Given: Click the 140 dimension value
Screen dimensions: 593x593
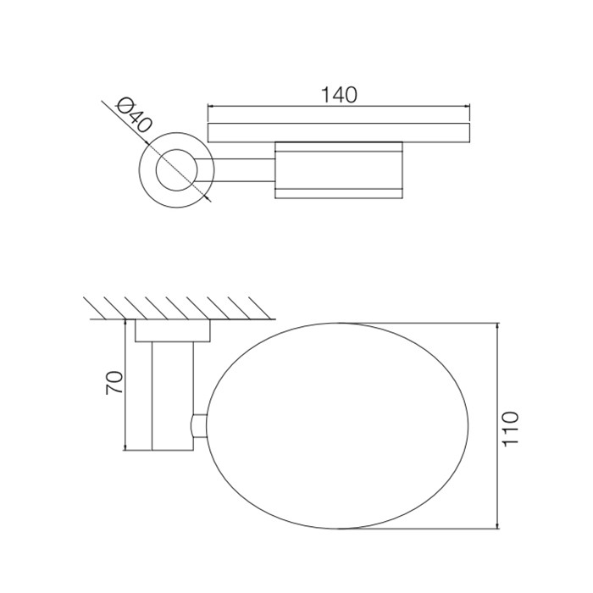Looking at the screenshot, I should [x=339, y=95].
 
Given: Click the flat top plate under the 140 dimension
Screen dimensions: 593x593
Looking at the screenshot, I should [x=339, y=132].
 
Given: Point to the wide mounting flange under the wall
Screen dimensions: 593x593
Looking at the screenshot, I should [x=172, y=331].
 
